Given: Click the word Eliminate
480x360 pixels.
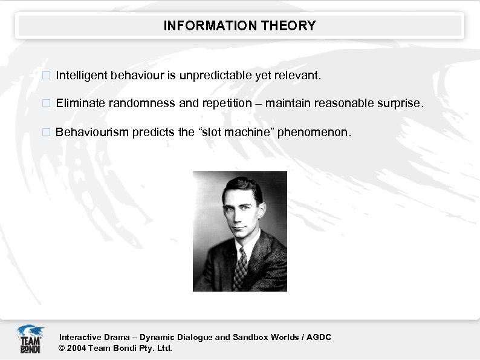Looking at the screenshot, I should (81, 103).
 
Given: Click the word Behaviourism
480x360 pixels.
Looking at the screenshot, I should (91, 132).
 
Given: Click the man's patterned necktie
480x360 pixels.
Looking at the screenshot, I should (241, 269).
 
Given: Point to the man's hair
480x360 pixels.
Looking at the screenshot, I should (242, 186).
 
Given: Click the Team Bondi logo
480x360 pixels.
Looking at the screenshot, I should (30, 339).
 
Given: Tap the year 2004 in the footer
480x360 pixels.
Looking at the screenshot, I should (77, 349).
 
